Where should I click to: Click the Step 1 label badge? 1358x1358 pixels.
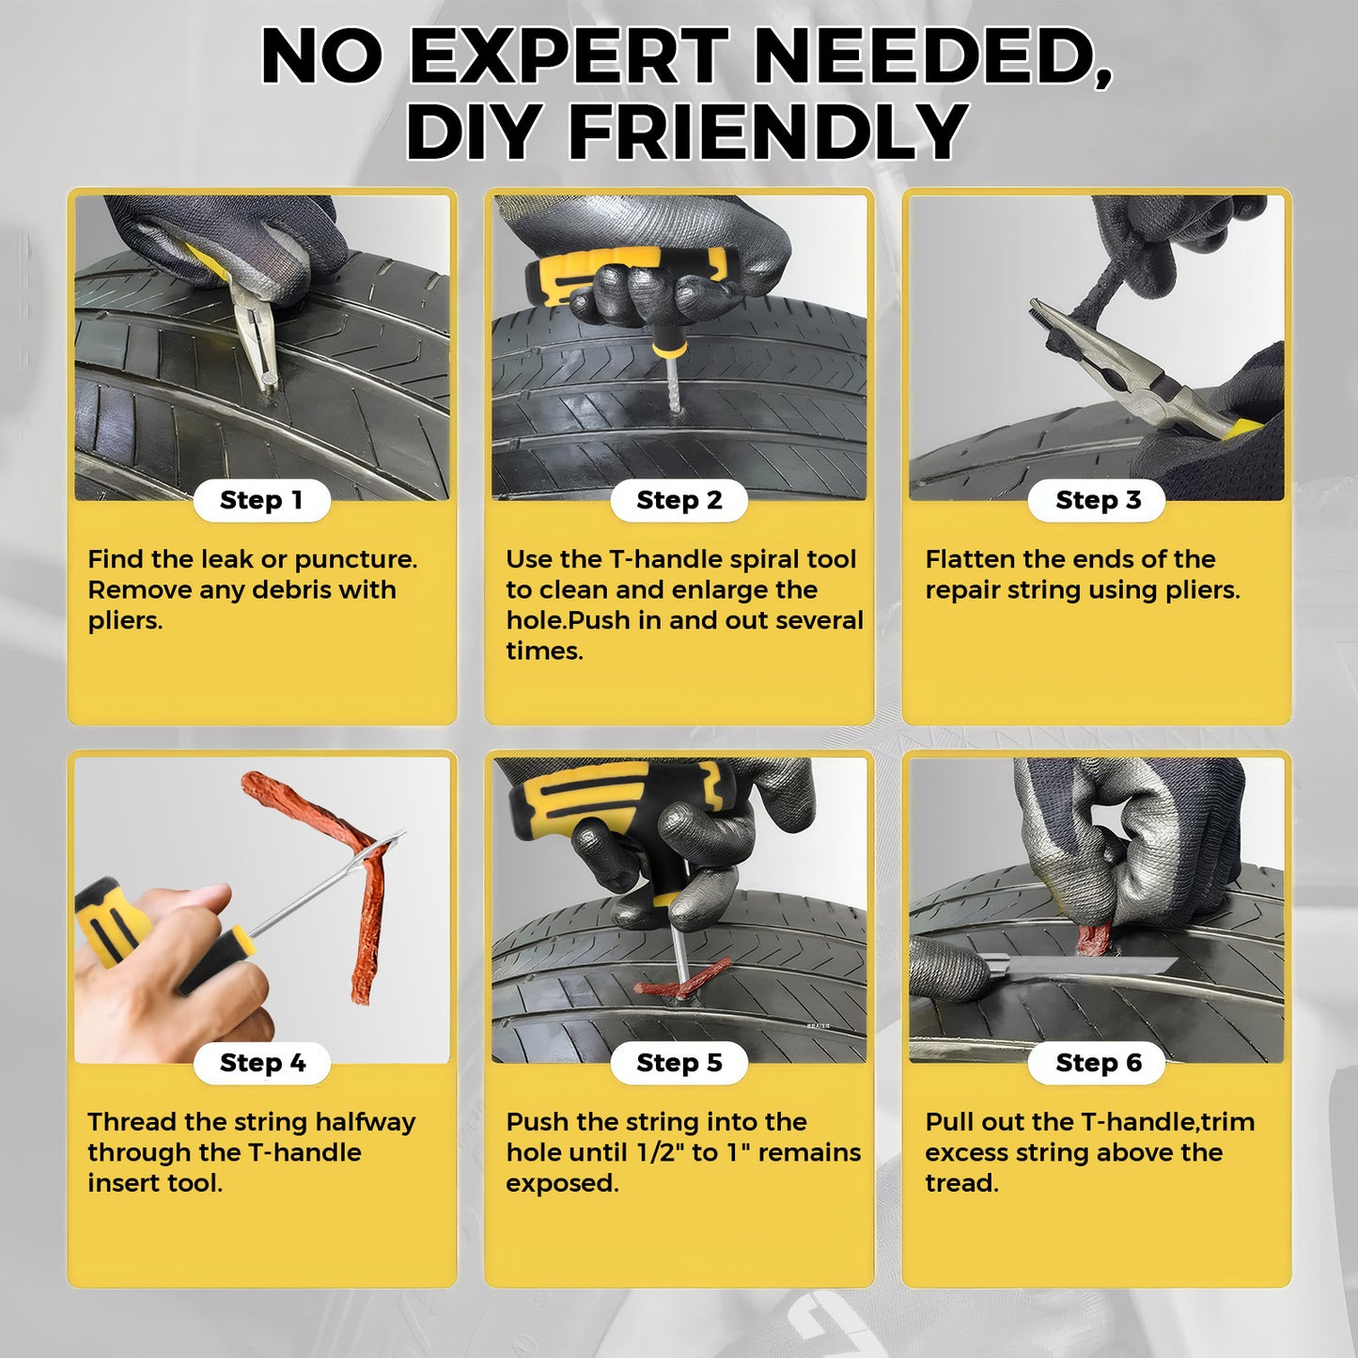point(261,500)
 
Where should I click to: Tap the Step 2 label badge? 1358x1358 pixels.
point(679,500)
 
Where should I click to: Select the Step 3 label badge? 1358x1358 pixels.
point(1097,500)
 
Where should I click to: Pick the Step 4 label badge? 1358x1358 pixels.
point(261,1063)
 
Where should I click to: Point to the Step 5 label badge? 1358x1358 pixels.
point(679,1063)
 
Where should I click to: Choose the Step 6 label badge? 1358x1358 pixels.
point(1097,1063)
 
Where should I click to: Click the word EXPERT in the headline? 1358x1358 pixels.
point(569,56)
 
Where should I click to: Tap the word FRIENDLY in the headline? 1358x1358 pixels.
point(768,132)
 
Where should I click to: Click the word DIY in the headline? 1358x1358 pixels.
point(474,132)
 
